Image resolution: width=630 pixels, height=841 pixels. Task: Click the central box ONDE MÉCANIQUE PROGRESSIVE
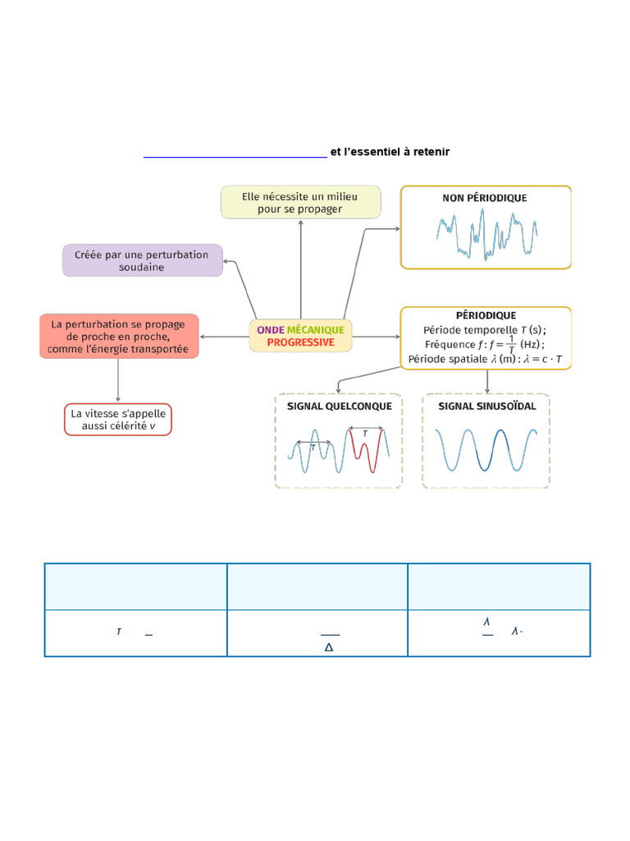click(300, 335)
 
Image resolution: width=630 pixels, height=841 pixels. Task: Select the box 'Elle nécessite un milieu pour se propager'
click(300, 202)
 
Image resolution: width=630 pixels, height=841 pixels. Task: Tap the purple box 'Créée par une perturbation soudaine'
click(142, 260)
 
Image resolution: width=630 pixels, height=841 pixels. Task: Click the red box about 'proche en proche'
click(119, 336)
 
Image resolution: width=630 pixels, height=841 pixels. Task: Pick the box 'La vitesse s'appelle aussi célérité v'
click(118, 420)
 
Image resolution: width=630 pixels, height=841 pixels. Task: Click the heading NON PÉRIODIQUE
click(485, 198)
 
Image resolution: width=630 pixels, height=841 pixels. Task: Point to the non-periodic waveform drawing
click(486, 233)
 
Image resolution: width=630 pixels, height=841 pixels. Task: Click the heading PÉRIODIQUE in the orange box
click(486, 315)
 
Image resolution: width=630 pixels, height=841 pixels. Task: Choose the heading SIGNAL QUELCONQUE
click(339, 406)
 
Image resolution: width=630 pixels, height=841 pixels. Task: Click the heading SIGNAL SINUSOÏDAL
click(486, 406)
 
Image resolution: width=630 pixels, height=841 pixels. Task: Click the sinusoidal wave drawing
click(486, 450)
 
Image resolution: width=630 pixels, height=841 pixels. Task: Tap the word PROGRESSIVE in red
click(300, 342)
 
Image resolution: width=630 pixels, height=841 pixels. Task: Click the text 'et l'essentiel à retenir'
click(390, 152)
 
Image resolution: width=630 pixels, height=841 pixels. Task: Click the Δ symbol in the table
click(329, 647)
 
